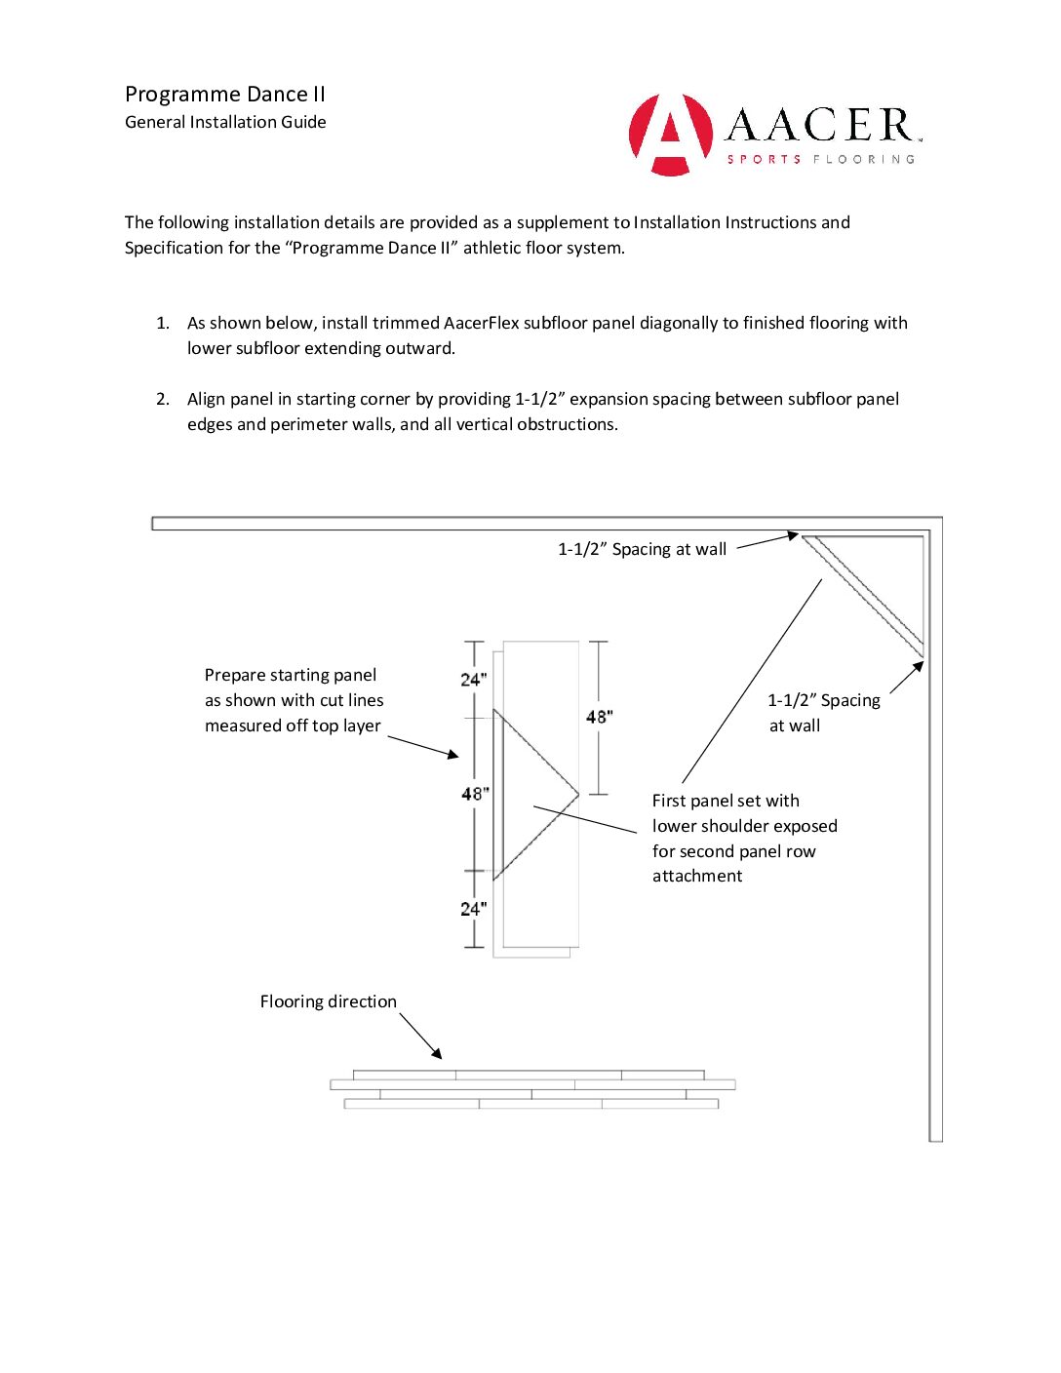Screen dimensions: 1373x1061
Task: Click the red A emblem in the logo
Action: pyautogui.click(x=670, y=135)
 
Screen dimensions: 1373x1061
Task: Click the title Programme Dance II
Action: pyautogui.click(x=225, y=95)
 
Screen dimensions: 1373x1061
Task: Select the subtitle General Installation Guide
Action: pyautogui.click(x=225, y=122)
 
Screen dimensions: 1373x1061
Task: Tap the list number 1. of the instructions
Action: pyautogui.click(x=163, y=323)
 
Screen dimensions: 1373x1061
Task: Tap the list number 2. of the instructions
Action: pyautogui.click(x=163, y=399)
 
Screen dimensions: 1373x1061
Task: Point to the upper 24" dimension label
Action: pyautogui.click(x=474, y=680)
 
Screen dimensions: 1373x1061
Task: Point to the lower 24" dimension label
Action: pyautogui.click(x=474, y=909)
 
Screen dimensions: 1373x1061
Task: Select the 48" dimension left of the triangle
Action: pyautogui.click(x=475, y=794)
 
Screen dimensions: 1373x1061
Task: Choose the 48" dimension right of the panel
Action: pyautogui.click(x=599, y=717)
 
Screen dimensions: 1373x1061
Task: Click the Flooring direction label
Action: pyautogui.click(x=328, y=1001)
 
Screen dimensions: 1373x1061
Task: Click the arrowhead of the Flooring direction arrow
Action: pyautogui.click(x=438, y=1055)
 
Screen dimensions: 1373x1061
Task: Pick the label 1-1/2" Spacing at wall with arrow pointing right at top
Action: pyautogui.click(x=642, y=549)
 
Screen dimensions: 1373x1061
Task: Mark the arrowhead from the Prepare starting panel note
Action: pyautogui.click(x=453, y=754)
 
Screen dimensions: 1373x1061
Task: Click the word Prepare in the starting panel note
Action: pyautogui.click(x=235, y=675)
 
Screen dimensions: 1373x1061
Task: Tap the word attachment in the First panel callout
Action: pyautogui.click(x=697, y=876)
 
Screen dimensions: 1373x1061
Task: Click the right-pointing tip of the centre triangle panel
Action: pyautogui.click(x=578, y=794)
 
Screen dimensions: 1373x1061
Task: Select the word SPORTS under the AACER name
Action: pyautogui.click(x=764, y=159)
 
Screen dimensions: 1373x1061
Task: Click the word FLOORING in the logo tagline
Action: pyautogui.click(x=864, y=159)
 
